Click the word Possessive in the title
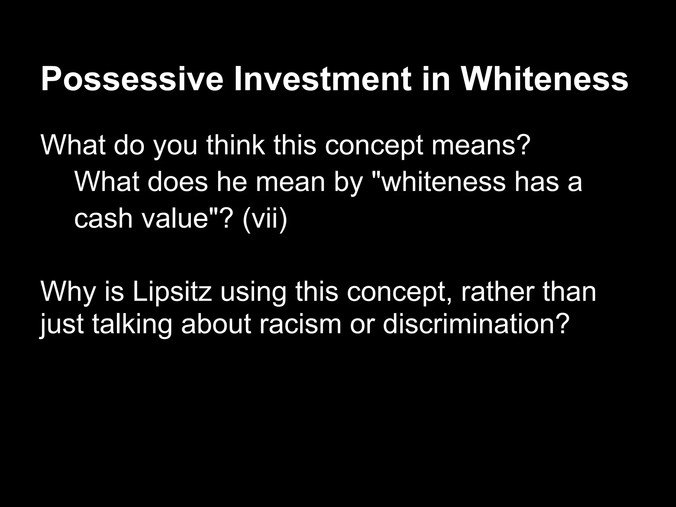coord(132,80)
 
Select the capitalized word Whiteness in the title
coord(544,80)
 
